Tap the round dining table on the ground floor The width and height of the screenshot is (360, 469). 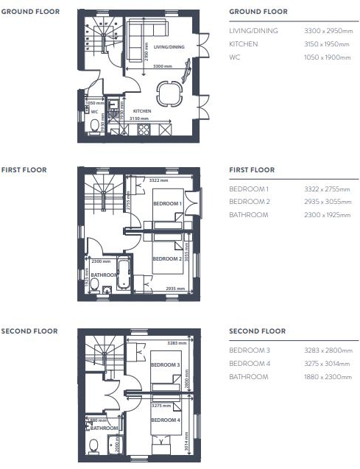point(170,94)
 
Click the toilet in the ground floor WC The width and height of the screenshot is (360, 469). point(92,126)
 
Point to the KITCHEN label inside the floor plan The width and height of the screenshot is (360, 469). point(142,111)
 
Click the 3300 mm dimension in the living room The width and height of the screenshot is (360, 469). point(163,66)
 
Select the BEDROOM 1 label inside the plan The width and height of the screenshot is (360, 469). point(167,202)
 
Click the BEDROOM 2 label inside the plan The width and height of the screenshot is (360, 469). point(167,259)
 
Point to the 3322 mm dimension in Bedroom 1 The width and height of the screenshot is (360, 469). point(158,180)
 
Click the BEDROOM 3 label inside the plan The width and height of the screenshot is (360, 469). point(166,364)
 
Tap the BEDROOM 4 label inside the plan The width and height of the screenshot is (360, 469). point(166,420)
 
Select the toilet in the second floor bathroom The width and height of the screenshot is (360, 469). point(93,445)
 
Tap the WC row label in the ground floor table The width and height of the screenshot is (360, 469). point(234,57)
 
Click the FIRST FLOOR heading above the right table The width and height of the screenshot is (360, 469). point(252,170)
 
